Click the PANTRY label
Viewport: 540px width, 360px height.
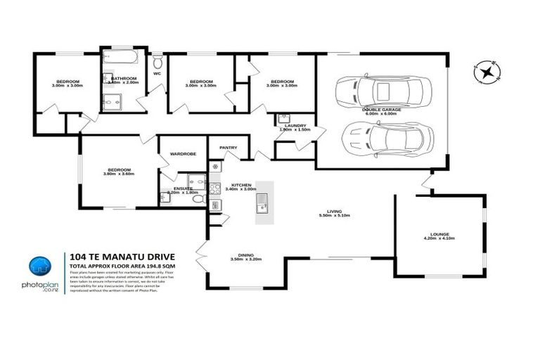[228, 148]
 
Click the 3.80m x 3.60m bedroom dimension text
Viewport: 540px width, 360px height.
[118, 174]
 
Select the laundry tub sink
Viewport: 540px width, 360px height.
[285, 117]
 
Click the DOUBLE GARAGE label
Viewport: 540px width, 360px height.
[382, 110]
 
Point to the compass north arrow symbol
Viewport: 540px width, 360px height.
[487, 72]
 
